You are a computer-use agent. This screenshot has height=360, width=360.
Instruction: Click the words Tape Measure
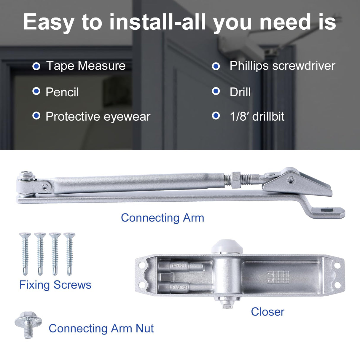tap(86, 66)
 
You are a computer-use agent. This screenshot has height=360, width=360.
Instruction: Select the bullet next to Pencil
tap(36, 91)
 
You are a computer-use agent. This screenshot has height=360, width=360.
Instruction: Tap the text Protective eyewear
tap(98, 117)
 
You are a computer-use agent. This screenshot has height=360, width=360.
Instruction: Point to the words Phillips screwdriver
tap(282, 66)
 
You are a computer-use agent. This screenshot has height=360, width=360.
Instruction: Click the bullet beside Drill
tap(216, 91)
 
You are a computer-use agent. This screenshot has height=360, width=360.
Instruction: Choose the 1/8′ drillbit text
tap(257, 117)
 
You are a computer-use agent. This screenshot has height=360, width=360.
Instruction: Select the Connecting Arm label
tap(163, 218)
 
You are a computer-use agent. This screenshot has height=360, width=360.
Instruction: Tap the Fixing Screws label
tap(55, 285)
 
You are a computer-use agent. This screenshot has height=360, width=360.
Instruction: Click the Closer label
tap(267, 312)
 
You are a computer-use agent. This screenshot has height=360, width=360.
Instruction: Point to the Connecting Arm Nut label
tap(101, 329)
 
